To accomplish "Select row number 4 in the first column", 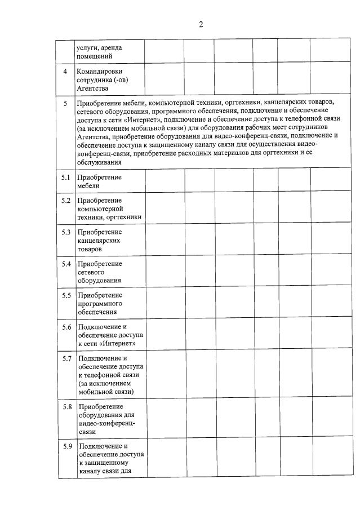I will click(65, 71).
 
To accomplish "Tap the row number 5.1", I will click(66, 177).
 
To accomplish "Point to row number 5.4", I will click(66, 263).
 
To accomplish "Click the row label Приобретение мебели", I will click(100, 181).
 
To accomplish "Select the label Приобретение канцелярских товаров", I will click(100, 240).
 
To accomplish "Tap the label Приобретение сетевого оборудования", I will click(100, 272).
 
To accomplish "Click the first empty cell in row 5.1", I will click(165, 181).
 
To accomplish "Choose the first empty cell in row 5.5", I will click(165, 303).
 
